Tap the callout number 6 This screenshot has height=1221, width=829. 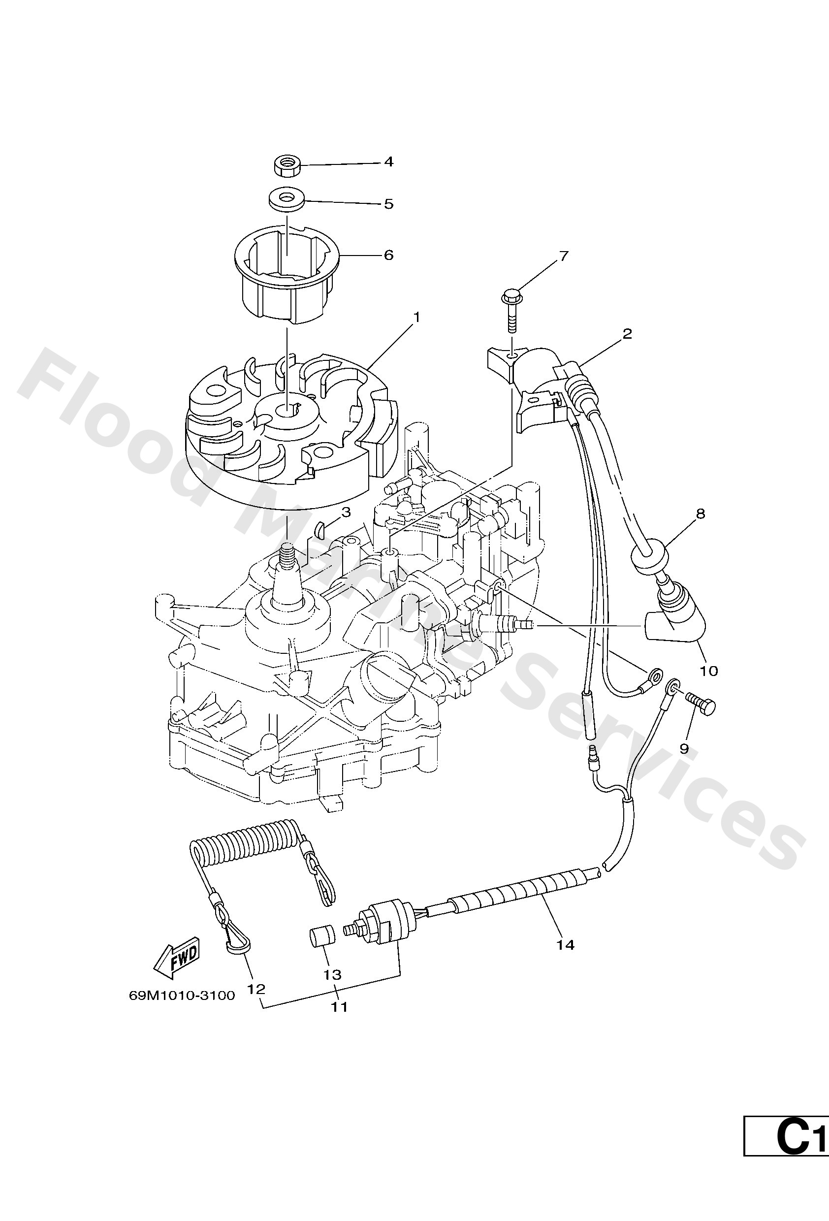click(388, 255)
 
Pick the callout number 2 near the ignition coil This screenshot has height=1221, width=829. click(627, 334)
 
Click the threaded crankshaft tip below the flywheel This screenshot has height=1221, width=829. click(287, 554)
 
